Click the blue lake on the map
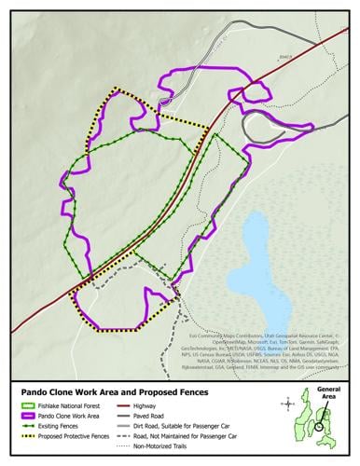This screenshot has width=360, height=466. coord(263,270)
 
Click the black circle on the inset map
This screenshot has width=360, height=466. coord(320,427)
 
